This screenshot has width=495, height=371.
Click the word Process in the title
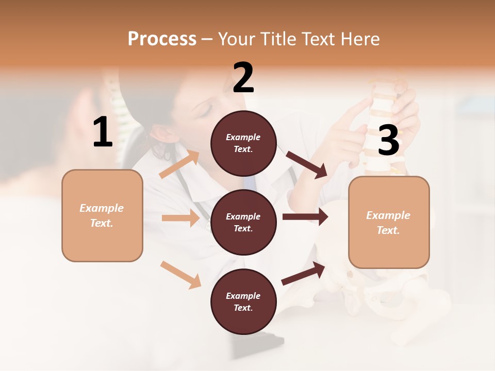(x=162, y=39)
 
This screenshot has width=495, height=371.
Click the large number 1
(x=103, y=133)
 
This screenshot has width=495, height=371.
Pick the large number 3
(x=388, y=141)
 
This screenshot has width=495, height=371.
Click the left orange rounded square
(x=102, y=215)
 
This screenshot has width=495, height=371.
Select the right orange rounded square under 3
(x=389, y=222)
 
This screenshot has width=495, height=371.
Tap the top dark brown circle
(x=243, y=143)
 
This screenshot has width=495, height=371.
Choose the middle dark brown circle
(x=243, y=222)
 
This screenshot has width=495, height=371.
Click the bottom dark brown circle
(x=243, y=301)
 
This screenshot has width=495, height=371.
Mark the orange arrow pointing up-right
(x=179, y=164)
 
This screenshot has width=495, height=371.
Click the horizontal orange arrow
(x=180, y=218)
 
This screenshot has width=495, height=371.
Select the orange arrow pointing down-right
(x=180, y=275)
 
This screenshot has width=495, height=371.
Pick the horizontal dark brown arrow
(x=305, y=216)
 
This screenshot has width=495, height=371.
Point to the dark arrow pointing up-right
(x=303, y=274)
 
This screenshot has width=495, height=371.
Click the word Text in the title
(x=322, y=39)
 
